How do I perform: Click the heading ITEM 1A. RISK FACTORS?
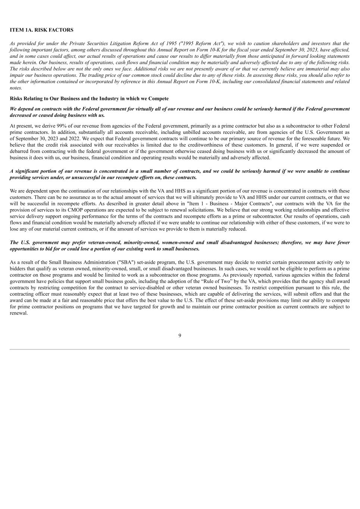pyautogui.click(x=41, y=30)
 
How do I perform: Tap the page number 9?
pyautogui.click(x=180, y=336)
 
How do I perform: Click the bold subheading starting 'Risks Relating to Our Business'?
pyautogui.click(x=89, y=98)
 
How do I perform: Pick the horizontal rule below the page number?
pyautogui.click(x=180, y=349)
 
